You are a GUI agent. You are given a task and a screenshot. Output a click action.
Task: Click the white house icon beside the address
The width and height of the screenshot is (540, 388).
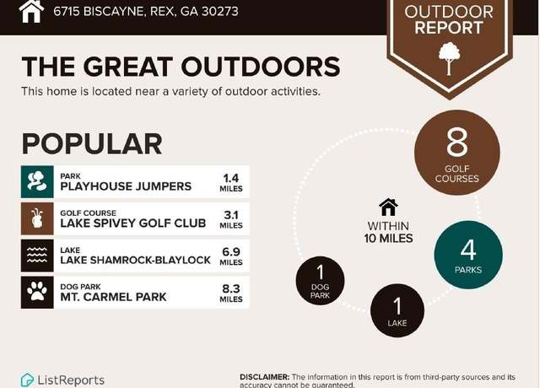[31, 11]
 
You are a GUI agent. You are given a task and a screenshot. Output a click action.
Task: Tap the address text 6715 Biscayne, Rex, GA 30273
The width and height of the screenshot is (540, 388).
[146, 11]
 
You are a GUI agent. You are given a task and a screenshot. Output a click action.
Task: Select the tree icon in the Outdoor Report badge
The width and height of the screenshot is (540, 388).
[449, 58]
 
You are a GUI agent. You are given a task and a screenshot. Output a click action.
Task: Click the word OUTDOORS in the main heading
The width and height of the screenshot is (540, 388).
[261, 66]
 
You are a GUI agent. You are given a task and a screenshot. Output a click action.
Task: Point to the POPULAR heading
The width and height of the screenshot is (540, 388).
[92, 143]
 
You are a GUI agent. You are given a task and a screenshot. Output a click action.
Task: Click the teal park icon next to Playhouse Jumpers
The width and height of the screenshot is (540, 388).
[37, 182]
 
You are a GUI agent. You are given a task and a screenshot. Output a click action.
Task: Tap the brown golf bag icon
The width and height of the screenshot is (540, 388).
[37, 218]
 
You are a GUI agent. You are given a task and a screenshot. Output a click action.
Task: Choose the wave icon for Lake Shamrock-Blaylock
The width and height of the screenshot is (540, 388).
[37, 256]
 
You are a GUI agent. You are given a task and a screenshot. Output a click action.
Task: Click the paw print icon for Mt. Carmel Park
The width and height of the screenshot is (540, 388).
[37, 293]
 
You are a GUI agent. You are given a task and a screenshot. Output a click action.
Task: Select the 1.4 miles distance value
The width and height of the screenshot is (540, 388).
[231, 182]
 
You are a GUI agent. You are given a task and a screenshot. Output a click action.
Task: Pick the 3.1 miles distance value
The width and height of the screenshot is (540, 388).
[231, 219]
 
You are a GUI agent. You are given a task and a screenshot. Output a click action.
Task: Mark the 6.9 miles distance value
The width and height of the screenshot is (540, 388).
[231, 256]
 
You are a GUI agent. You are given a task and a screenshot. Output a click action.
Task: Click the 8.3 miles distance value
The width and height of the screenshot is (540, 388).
[231, 293]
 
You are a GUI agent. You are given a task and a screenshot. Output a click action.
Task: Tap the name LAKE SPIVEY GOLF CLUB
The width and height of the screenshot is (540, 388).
[133, 223]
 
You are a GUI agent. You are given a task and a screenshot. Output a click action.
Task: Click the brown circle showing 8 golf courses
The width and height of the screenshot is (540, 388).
[457, 153]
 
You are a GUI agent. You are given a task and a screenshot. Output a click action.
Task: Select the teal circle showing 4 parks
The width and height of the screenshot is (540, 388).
[468, 255]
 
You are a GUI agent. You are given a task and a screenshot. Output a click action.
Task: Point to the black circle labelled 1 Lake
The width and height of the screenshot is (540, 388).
[397, 310]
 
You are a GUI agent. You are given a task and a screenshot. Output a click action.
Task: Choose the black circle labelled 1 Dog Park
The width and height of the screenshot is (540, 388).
[321, 281]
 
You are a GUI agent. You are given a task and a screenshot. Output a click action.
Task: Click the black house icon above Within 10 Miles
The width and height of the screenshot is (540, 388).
[388, 207]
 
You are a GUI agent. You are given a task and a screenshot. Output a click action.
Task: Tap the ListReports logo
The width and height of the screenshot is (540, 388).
[62, 380]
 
